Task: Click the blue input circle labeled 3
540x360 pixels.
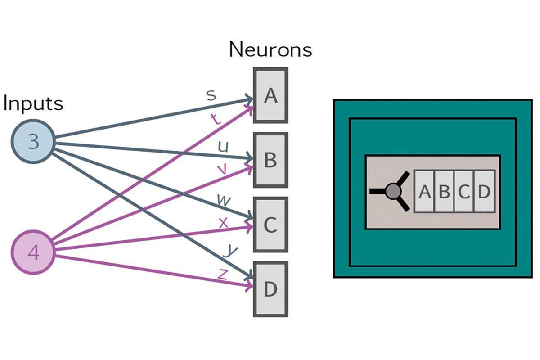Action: point(33,141)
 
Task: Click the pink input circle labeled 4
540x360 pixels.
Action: point(33,252)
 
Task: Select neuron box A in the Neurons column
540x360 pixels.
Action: point(270,95)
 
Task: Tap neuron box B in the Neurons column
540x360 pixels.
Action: point(270,160)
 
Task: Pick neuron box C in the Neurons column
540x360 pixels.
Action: point(270,224)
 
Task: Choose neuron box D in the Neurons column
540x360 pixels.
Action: point(270,289)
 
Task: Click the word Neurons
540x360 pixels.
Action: point(270,49)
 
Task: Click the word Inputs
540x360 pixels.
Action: point(33,103)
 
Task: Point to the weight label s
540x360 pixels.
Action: point(211,95)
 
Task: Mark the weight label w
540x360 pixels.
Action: point(223,200)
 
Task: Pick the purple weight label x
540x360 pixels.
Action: point(223,222)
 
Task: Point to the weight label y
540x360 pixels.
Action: point(231,250)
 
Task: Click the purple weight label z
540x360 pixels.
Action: point(222,274)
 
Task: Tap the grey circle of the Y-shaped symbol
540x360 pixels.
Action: point(393,191)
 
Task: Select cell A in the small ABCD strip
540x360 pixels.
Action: point(424,191)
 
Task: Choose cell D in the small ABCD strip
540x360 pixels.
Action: point(484,191)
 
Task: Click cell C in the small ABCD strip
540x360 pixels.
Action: point(464,191)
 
